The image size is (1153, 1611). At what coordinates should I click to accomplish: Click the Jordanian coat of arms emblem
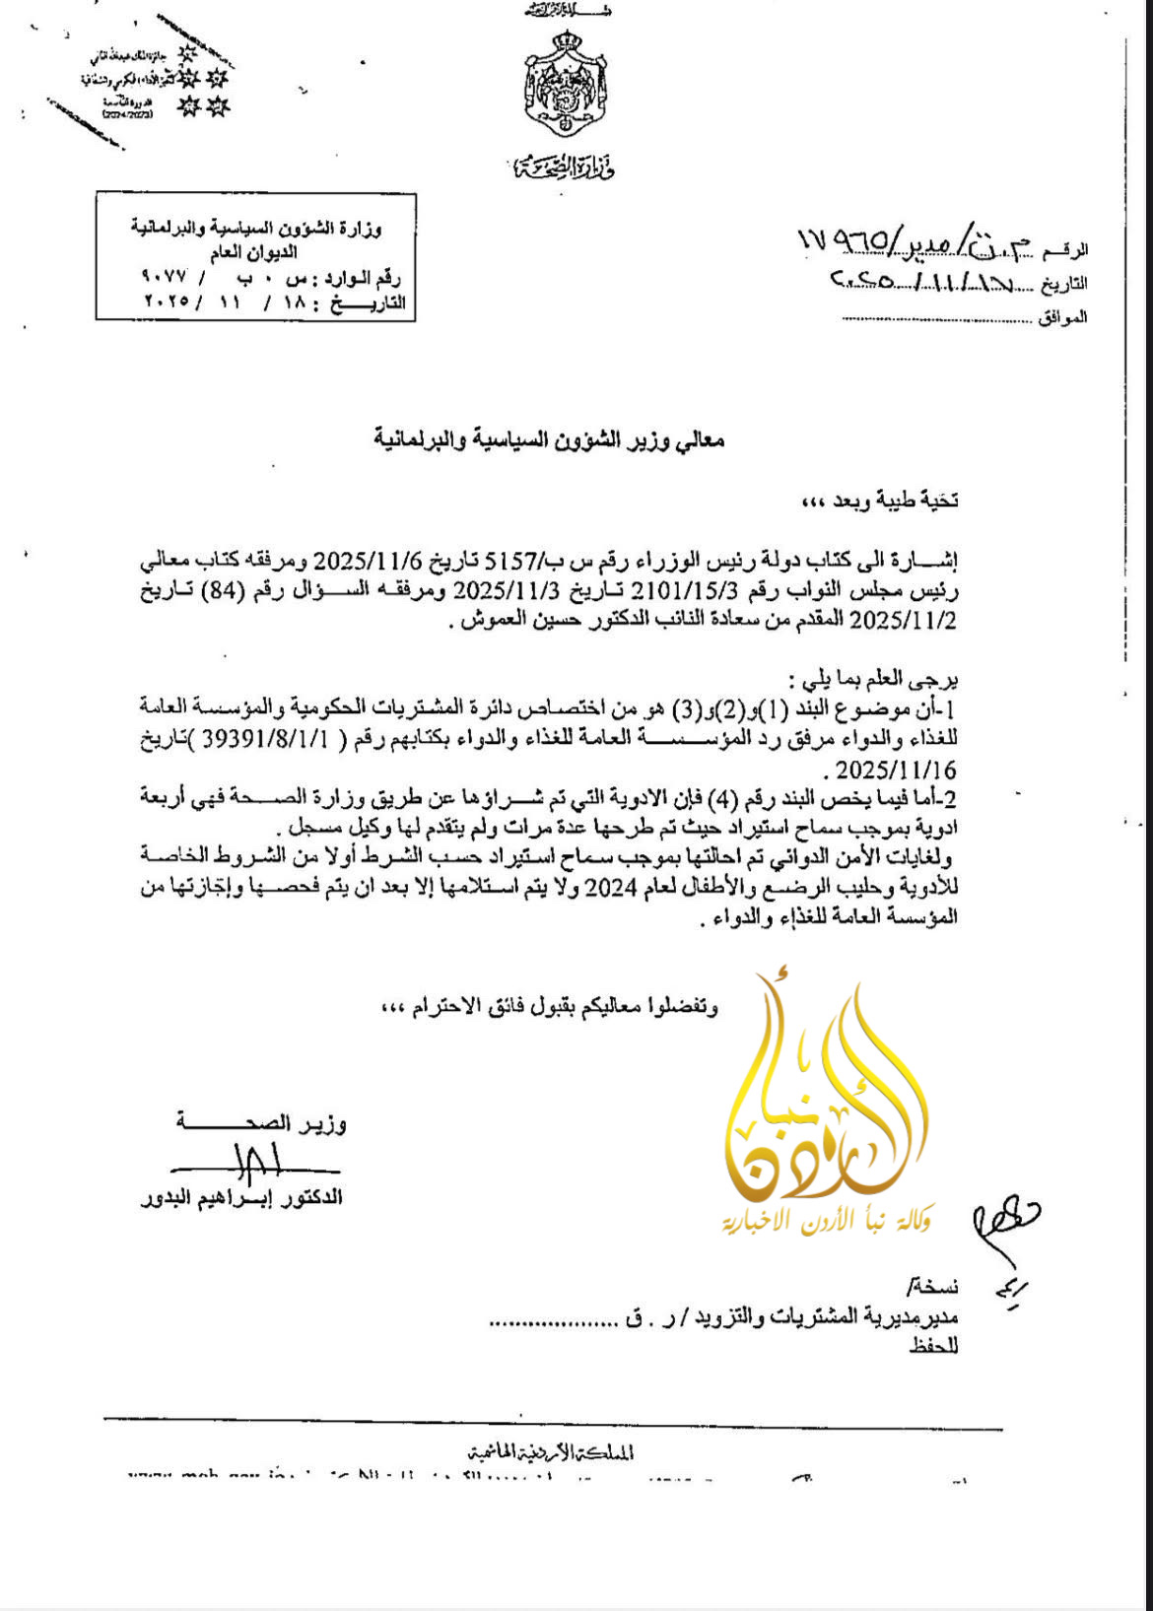(x=565, y=85)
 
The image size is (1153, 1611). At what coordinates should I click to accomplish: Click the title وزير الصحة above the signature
(x=262, y=1122)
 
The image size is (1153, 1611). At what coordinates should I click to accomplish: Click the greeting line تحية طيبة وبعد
(x=884, y=501)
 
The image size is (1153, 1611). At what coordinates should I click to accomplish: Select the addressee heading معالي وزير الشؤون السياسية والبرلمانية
(x=549, y=439)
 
